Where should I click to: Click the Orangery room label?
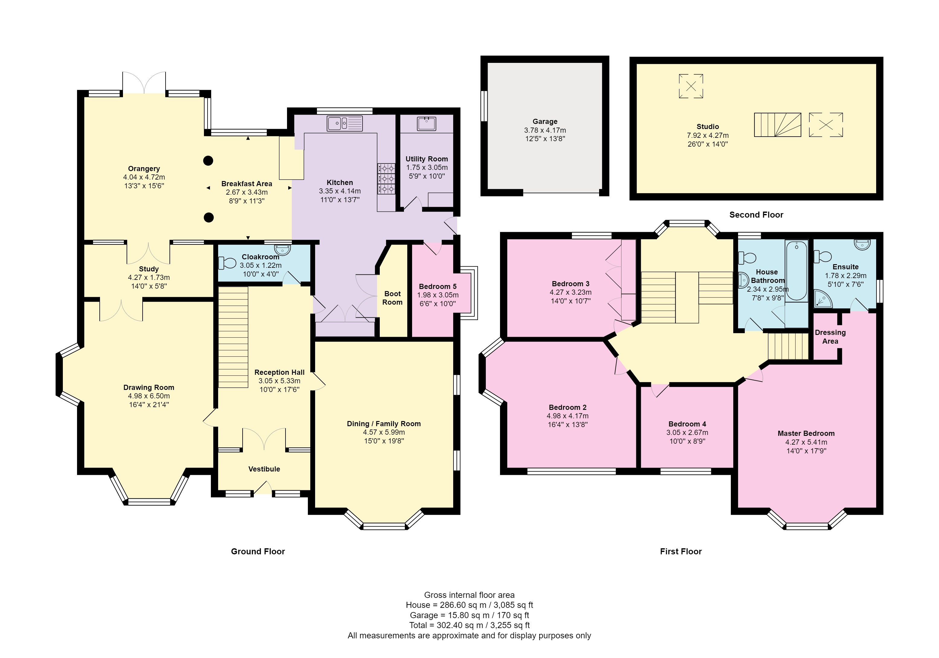(144, 169)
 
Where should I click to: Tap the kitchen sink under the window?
(345, 123)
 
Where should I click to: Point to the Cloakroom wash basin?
(282, 249)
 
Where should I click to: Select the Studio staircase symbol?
(777, 125)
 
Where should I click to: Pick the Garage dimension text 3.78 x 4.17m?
(545, 130)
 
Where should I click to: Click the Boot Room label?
(393, 298)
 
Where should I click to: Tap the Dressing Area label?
(830, 337)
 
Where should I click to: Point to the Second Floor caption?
(756, 215)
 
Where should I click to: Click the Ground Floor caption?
(258, 551)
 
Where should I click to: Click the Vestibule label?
(264, 469)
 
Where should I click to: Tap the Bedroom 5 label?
(437, 287)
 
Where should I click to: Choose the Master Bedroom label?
(806, 433)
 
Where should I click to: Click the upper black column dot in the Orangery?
(208, 161)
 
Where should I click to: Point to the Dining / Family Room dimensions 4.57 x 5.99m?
(384, 432)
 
